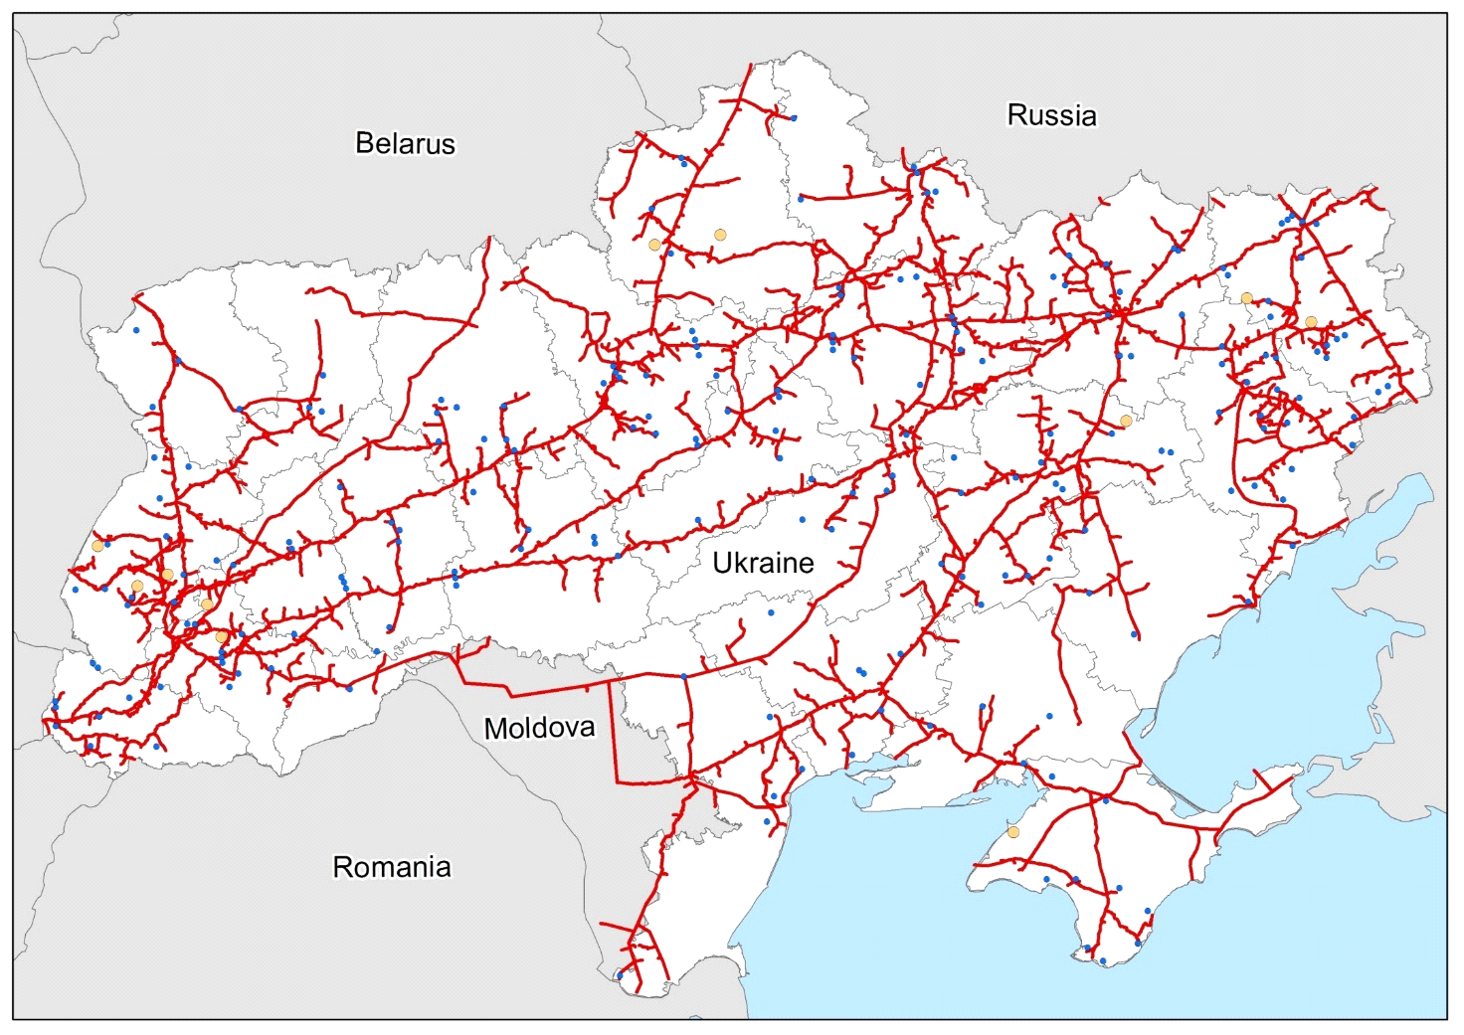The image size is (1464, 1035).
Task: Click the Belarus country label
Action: click(405, 143)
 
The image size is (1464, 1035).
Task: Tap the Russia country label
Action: click(1051, 115)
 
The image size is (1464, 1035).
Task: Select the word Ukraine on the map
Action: click(763, 563)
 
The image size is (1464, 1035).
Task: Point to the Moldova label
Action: click(539, 728)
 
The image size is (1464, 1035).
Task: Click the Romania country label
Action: click(391, 867)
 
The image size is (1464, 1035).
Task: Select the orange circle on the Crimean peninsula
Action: click(1012, 832)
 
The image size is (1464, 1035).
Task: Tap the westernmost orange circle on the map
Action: click(97, 546)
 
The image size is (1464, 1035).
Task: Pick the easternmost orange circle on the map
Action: click(1311, 322)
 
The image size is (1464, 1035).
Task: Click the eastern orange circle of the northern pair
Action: click(720, 235)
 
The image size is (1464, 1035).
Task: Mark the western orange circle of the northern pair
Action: click(654, 245)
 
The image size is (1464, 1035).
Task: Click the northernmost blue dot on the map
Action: click(793, 118)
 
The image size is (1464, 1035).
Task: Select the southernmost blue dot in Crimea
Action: click(1103, 961)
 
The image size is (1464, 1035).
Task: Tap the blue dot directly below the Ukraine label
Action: click(771, 613)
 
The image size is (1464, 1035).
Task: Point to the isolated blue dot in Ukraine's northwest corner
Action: click(136, 330)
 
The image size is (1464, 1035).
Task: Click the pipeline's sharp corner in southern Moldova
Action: click(616, 782)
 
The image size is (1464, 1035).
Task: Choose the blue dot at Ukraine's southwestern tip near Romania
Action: click(620, 975)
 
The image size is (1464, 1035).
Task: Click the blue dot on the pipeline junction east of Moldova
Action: click(684, 677)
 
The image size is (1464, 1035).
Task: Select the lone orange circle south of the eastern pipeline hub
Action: click(1126, 421)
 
